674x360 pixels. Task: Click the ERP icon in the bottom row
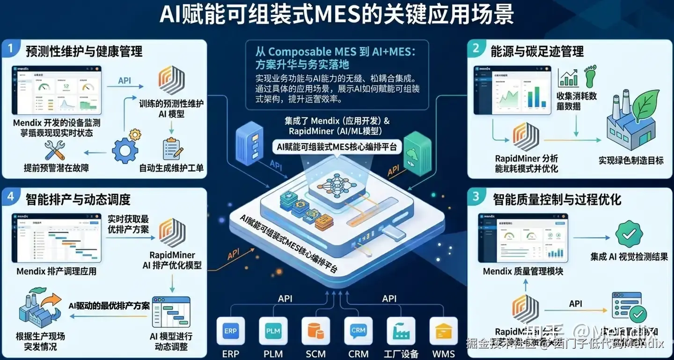pyautogui.click(x=231, y=331)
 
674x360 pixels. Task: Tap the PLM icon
pyautogui.click(x=273, y=331)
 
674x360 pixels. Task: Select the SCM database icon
pyautogui.click(x=316, y=331)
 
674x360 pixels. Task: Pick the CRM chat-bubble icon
pyautogui.click(x=359, y=331)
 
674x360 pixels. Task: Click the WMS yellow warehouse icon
pyautogui.click(x=443, y=331)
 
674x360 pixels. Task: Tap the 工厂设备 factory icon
pyautogui.click(x=401, y=331)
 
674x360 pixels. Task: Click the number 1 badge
pyautogui.click(x=10, y=48)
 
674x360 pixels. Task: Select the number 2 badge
pyautogui.click(x=476, y=48)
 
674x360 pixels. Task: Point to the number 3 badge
pyautogui.click(x=476, y=197)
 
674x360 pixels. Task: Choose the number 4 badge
pyautogui.click(x=10, y=197)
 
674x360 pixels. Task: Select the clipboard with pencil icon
pyautogui.click(x=172, y=149)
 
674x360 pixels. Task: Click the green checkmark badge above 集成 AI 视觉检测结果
pyautogui.click(x=629, y=234)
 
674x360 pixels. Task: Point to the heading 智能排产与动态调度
pyautogui.click(x=78, y=199)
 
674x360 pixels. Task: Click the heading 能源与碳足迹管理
pyautogui.click(x=537, y=51)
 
